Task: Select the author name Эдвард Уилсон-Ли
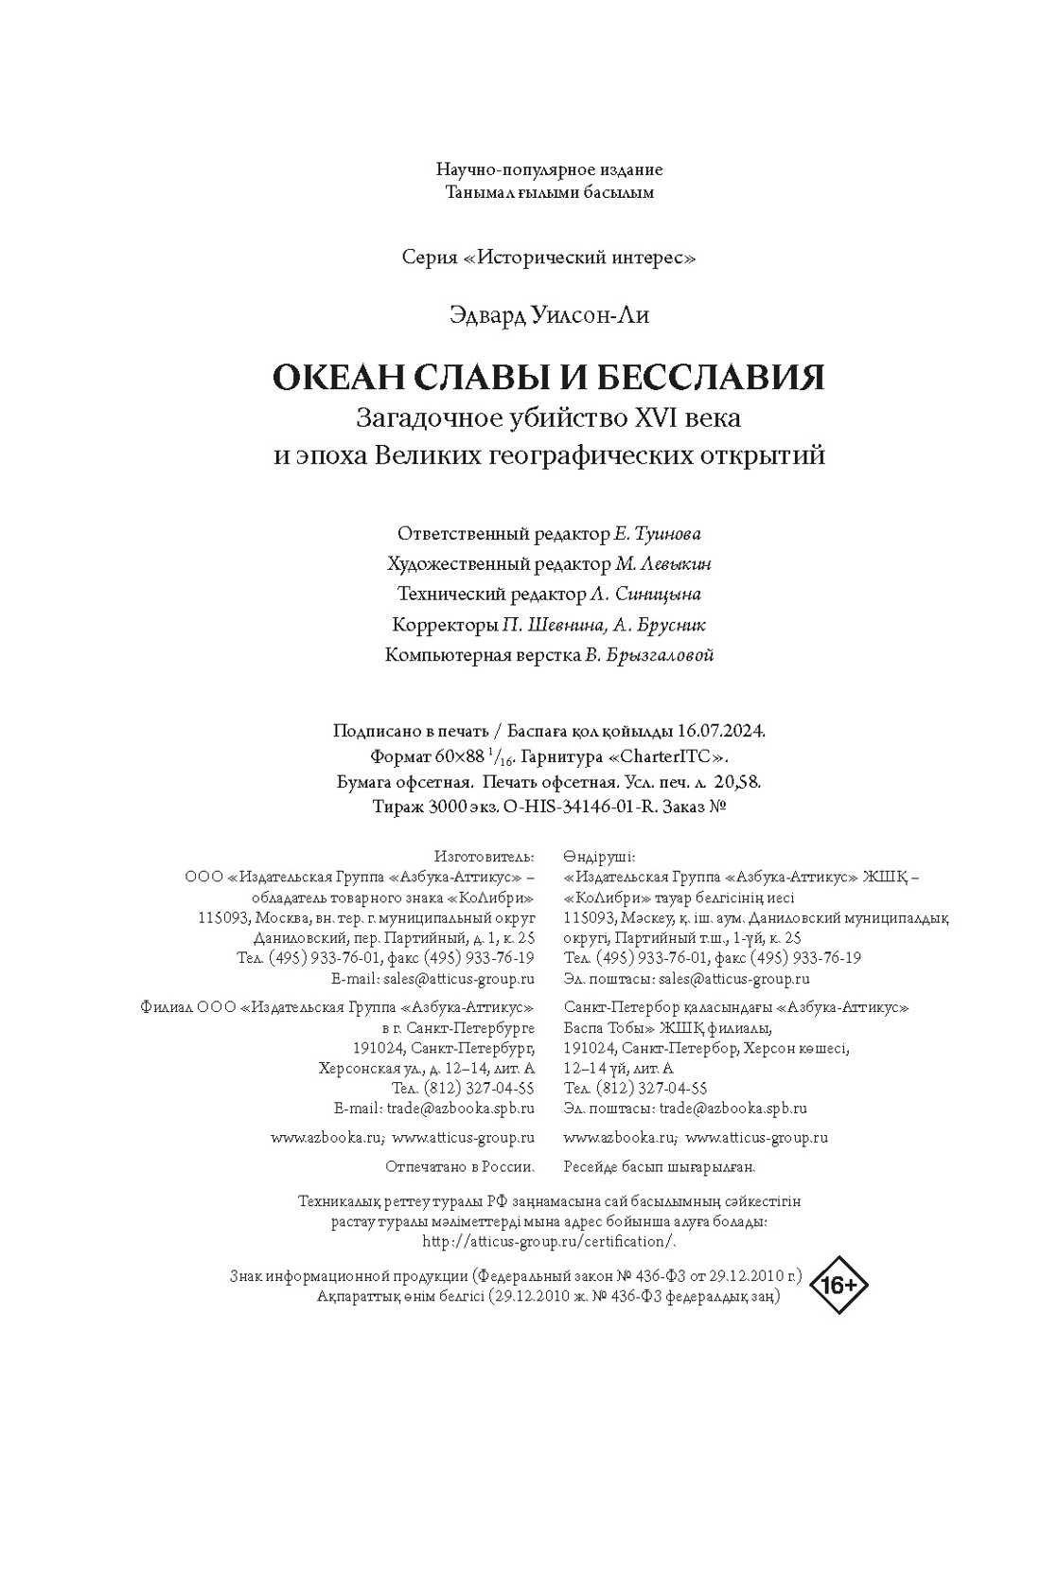[549, 315]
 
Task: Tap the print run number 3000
[446, 807]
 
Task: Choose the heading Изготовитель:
[484, 857]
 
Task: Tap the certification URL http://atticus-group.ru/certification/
[550, 1241]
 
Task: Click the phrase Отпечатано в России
[460, 1166]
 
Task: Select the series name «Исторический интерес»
[580, 257]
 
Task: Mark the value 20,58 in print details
[739, 782]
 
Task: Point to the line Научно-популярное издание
[549, 170]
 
